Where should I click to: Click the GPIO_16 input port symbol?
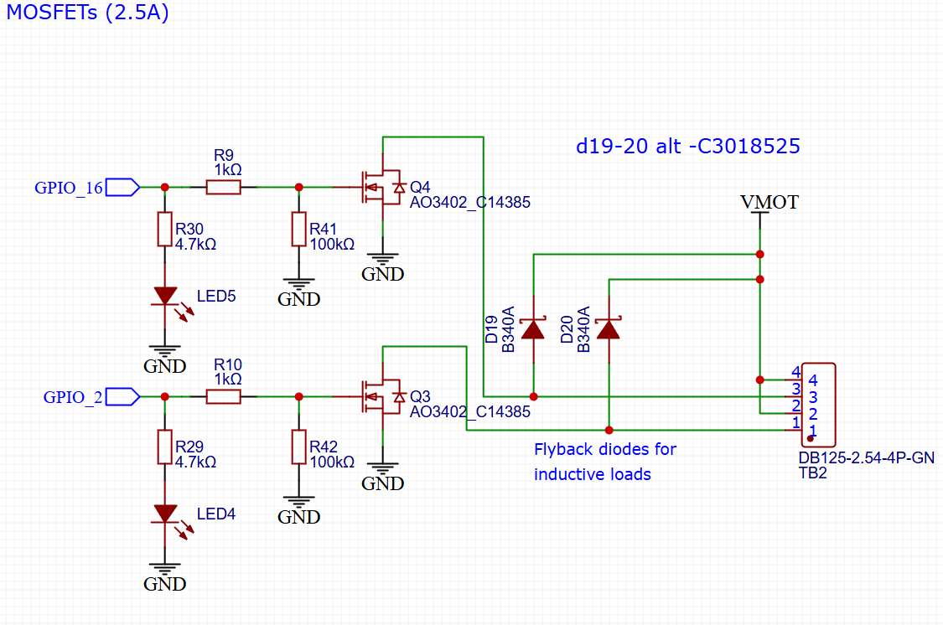tap(122, 188)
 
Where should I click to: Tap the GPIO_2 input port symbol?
tap(122, 396)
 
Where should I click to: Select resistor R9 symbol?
tap(224, 188)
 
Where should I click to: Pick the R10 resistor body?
tap(224, 396)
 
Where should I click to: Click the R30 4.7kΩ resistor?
tap(165, 229)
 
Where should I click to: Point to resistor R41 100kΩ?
tap(299, 229)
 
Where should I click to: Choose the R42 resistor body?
tap(299, 447)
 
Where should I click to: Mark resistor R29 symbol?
tap(165, 447)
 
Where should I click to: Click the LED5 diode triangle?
tap(165, 296)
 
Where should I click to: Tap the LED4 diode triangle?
tap(165, 514)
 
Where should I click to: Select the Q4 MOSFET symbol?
tap(382, 188)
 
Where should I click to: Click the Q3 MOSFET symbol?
tap(382, 396)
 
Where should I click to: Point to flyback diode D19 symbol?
tap(533, 329)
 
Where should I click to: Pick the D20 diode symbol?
tap(609, 329)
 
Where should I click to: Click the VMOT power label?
tap(769, 202)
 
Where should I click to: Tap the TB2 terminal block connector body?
tap(818, 405)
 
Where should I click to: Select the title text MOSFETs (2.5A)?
tap(88, 12)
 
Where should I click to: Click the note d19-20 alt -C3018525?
tap(688, 146)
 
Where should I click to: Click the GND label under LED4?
tap(165, 584)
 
